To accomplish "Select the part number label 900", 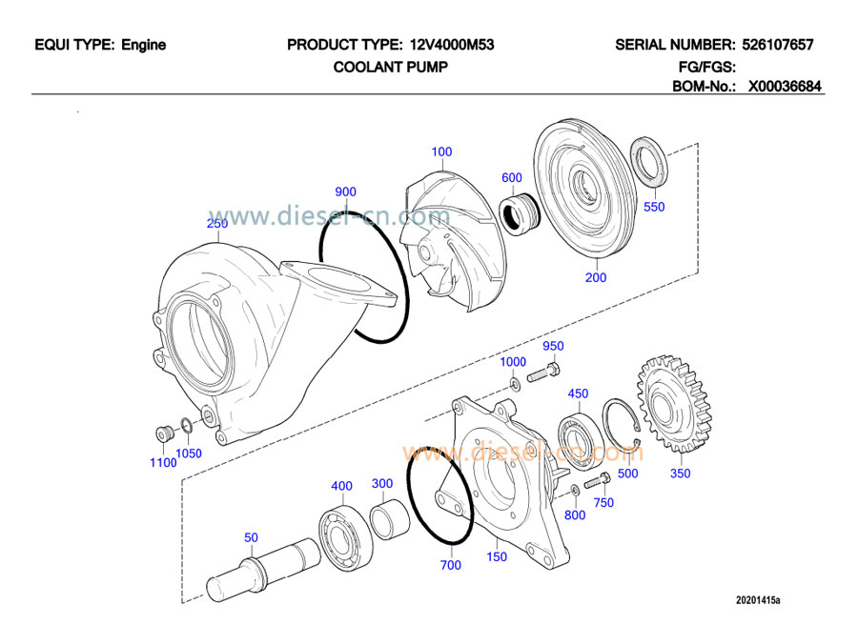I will click(345, 191).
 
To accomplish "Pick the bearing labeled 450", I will click(578, 425).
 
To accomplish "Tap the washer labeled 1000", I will click(515, 383).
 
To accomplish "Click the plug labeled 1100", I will click(163, 433).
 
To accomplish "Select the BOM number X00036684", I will click(785, 87).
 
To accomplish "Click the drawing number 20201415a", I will click(757, 600).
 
